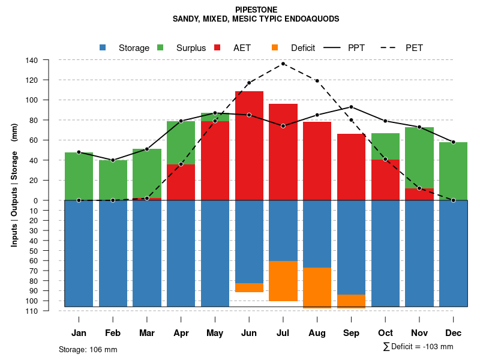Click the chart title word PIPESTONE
coord(256,10)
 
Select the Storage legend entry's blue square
coord(103,48)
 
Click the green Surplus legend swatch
coord(160,48)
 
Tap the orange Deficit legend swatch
coord(275,48)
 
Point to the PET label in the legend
coord(414,48)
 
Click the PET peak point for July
coord(283,64)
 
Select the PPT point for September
coord(351,107)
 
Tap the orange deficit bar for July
coord(283,281)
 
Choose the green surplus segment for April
coord(181,143)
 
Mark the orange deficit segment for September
coord(351,301)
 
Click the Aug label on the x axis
coord(317,333)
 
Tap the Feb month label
coord(113,333)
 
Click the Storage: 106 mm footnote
coord(88,349)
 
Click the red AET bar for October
coord(385,179)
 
